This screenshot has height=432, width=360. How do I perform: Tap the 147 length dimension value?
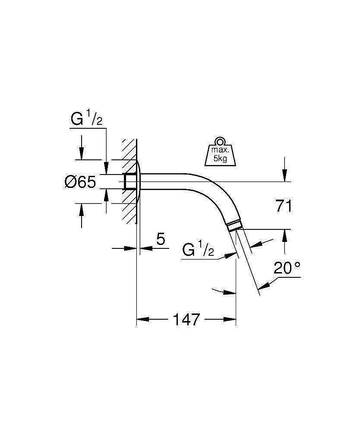(x=186, y=320)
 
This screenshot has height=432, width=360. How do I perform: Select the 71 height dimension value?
(x=284, y=206)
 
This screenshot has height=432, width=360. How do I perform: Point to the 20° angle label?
(x=287, y=269)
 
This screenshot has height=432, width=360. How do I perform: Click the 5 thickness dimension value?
(x=161, y=239)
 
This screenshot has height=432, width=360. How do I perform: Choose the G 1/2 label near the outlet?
(x=198, y=250)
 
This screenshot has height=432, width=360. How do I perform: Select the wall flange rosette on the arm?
(x=138, y=181)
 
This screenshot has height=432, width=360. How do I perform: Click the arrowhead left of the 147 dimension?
(x=142, y=320)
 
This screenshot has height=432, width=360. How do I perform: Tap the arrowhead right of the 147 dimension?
(x=231, y=320)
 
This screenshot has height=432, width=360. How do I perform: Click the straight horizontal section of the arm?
(x=168, y=181)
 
